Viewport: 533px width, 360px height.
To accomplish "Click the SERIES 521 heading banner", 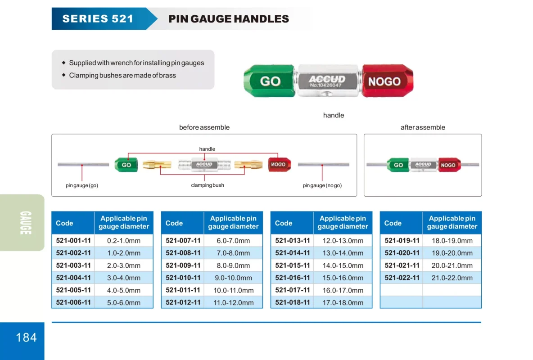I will coord(98,18).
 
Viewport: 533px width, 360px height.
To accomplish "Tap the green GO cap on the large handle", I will coord(270,81).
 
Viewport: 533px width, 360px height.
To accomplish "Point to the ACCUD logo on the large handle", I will coord(327,79).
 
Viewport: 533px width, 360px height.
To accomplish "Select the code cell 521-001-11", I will coord(73,241).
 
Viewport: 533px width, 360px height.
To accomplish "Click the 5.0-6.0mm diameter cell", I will coord(124,302).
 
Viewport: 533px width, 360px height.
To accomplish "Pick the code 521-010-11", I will coord(183,278).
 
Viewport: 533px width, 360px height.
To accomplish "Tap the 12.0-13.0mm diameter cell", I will coord(343,241).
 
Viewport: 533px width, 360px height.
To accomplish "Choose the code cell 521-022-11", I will coord(402,278).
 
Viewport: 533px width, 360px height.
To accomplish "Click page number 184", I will coord(26,337).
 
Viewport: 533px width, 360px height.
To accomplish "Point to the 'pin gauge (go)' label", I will coord(82,185).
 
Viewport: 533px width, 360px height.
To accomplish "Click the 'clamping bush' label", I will coord(208,185).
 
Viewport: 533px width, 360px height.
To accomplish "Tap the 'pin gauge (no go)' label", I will coord(322,185).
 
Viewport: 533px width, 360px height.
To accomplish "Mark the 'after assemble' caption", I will coord(423,127).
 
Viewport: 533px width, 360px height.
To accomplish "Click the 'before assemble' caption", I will coord(204,127).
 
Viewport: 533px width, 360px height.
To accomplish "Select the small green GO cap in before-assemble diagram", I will coord(126,165).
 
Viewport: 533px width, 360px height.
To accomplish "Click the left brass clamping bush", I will coord(156,165).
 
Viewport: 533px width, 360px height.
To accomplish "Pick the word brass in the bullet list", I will coord(167,75).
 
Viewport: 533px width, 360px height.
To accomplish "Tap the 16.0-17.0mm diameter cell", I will coord(343,290).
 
